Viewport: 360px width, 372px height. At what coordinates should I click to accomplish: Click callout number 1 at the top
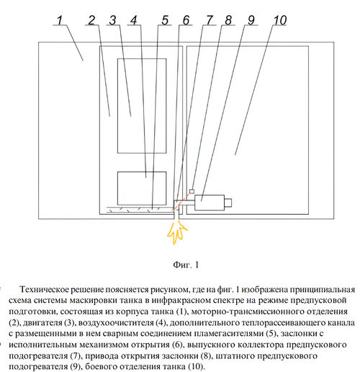tap(60, 20)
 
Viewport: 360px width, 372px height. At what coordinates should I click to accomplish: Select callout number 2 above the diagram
tap(91, 20)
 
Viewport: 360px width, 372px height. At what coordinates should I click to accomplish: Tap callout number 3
tap(112, 20)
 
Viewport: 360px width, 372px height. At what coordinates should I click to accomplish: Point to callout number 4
tap(134, 20)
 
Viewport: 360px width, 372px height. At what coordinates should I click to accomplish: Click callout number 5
tap(165, 20)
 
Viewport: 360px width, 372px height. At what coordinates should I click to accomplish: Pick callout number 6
tap(186, 20)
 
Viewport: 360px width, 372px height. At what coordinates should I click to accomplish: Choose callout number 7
tap(210, 20)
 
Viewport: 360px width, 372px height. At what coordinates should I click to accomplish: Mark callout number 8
tap(228, 20)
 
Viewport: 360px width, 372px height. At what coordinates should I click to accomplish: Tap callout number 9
tap(251, 20)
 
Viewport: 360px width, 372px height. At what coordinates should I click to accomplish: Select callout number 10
tap(280, 20)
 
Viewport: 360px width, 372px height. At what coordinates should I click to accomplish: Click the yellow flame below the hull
tap(177, 231)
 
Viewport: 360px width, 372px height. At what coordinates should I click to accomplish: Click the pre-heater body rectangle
tap(210, 203)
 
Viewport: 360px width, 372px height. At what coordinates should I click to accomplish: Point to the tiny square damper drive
tap(192, 191)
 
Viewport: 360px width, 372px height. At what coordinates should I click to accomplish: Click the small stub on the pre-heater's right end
tap(228, 203)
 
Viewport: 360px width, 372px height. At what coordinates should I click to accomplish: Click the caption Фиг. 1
tap(186, 265)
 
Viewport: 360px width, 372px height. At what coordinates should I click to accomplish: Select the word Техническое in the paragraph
tap(43, 289)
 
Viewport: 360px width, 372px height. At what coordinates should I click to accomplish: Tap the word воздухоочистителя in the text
tap(116, 322)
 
